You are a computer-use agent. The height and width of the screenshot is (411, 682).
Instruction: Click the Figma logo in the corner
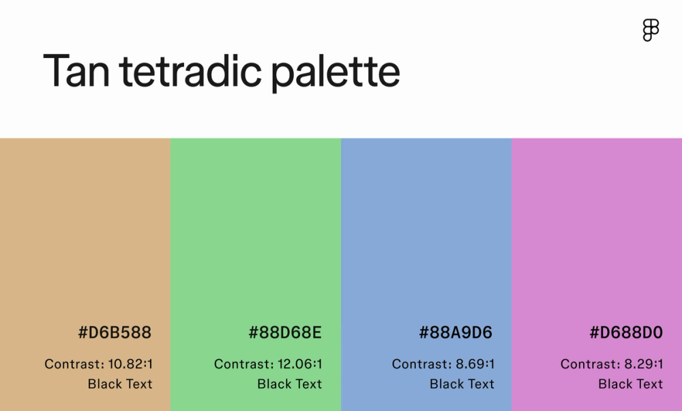click(x=651, y=31)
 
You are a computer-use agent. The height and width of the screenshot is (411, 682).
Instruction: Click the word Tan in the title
click(x=76, y=70)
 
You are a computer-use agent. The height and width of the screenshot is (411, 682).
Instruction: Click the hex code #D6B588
click(x=115, y=333)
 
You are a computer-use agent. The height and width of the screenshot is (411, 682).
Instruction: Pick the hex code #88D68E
click(x=285, y=333)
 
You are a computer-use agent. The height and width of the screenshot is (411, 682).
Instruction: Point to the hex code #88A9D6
click(x=456, y=333)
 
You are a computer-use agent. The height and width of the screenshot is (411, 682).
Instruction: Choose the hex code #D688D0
click(x=626, y=333)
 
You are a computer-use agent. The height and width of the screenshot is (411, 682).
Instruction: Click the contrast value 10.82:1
click(x=130, y=364)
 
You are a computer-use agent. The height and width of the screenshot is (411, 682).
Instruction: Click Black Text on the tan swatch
click(x=120, y=384)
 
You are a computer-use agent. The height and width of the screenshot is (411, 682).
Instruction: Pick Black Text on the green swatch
click(x=290, y=384)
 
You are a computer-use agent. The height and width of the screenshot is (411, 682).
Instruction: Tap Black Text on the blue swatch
click(x=462, y=384)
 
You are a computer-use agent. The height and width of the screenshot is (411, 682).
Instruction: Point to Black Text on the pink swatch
click(x=631, y=384)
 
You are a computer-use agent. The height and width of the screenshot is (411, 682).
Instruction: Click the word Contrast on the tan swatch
click(x=72, y=364)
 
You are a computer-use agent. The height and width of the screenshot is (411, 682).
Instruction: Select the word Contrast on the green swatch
click(x=242, y=364)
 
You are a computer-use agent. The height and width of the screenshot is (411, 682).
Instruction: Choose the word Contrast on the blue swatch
click(x=420, y=364)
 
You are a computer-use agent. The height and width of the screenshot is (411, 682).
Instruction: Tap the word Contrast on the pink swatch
click(x=589, y=364)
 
